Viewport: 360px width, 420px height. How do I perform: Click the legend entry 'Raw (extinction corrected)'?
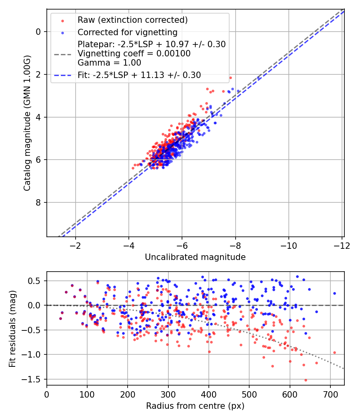tap(132, 20)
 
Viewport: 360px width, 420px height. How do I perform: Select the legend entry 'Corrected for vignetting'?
tap(127, 32)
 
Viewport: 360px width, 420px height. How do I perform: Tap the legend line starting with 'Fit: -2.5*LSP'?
tap(139, 74)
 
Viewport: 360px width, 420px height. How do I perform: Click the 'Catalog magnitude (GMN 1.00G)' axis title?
tap(27, 123)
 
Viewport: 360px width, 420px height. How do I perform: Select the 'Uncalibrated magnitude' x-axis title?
tap(195, 257)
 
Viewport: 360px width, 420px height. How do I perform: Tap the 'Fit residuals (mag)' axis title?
tap(12, 328)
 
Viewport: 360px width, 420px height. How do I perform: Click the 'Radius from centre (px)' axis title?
tap(195, 406)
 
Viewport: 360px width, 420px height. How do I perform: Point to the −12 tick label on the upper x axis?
tap(340, 245)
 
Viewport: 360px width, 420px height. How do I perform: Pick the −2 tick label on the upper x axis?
tap(75, 245)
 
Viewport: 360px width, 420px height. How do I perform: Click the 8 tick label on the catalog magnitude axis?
tap(38, 202)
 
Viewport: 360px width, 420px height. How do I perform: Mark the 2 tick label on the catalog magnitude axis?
tap(38, 74)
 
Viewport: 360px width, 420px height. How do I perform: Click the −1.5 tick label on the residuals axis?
tap(34, 379)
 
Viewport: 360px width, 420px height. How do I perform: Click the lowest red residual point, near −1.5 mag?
tap(306, 380)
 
